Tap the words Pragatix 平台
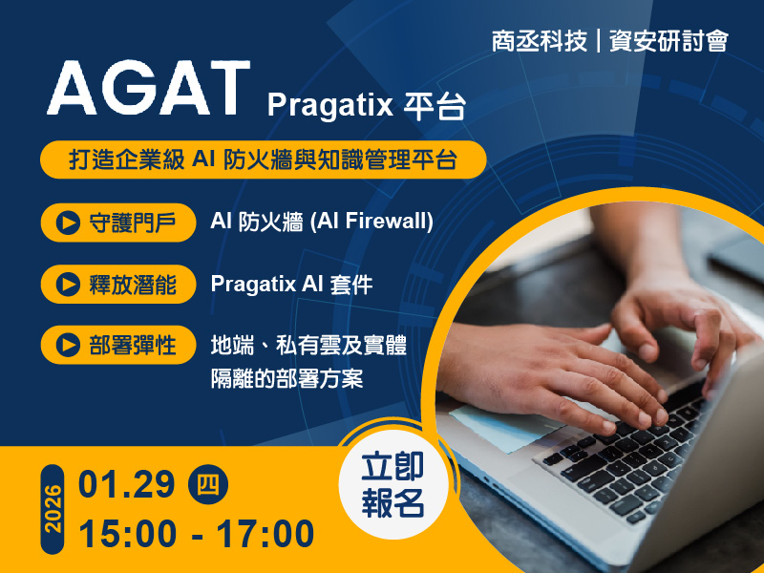tap(367, 105)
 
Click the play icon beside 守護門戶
tap(68, 223)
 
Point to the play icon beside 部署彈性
tap(68, 346)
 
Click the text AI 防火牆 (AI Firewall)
tap(322, 222)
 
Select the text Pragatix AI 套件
tap(291, 284)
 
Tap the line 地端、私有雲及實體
tap(308, 345)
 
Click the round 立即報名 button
tap(393, 484)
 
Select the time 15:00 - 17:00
tap(197, 533)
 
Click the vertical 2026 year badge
tap(53, 509)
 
